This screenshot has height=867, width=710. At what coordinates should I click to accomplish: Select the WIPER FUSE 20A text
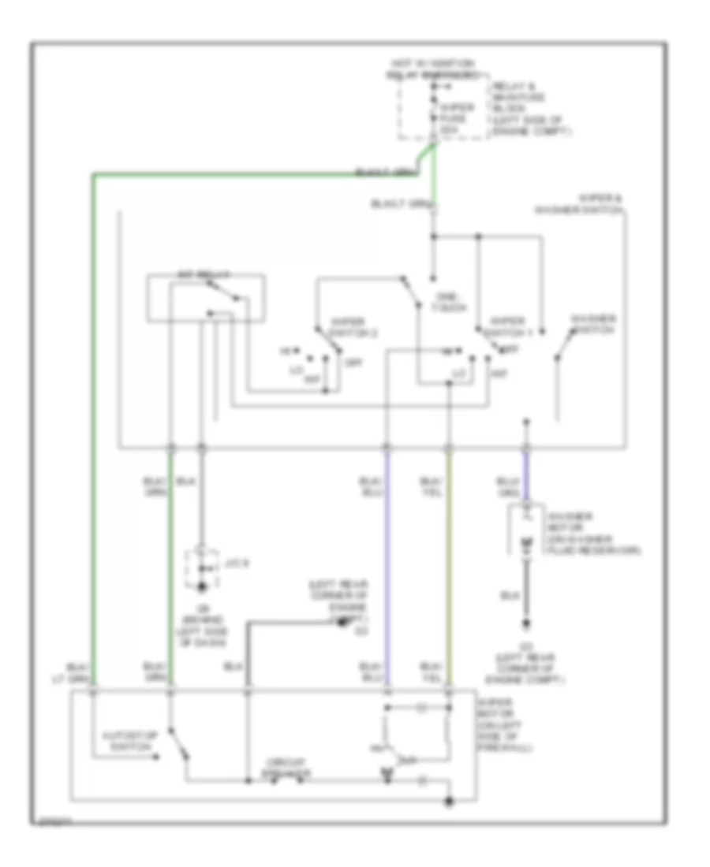click(x=458, y=113)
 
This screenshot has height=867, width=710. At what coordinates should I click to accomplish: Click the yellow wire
click(x=450, y=567)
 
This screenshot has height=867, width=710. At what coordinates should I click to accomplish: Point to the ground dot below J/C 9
click(x=201, y=586)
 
